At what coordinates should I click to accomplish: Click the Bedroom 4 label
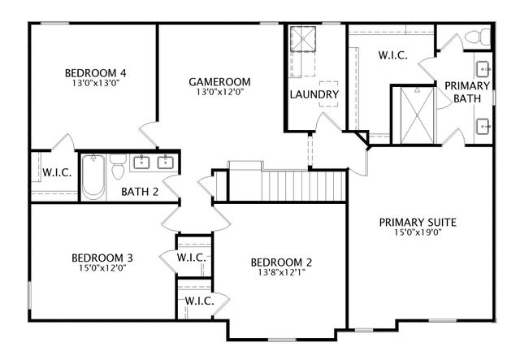pyautogui.click(x=100, y=72)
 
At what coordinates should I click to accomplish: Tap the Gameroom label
pyautogui.click(x=219, y=81)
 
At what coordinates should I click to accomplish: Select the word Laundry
pyautogui.click(x=314, y=95)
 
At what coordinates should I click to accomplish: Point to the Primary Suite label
pyautogui.click(x=418, y=222)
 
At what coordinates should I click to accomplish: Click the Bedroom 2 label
pyautogui.click(x=281, y=262)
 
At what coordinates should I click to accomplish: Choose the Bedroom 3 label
pyautogui.click(x=102, y=258)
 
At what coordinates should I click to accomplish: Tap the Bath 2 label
pyautogui.click(x=140, y=193)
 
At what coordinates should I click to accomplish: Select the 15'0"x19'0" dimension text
pyautogui.click(x=418, y=233)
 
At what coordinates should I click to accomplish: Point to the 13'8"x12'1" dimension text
pyautogui.click(x=281, y=273)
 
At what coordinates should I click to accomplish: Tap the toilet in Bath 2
pyautogui.click(x=119, y=167)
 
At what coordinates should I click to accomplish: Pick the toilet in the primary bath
pyautogui.click(x=482, y=37)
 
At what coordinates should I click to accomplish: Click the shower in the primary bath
pyautogui.click(x=414, y=115)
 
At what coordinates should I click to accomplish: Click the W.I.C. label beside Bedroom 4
pyautogui.click(x=54, y=172)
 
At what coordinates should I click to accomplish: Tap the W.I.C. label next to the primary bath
pyautogui.click(x=394, y=55)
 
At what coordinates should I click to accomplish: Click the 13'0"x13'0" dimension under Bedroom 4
pyautogui.click(x=100, y=83)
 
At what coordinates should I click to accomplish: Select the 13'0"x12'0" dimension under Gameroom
pyautogui.click(x=219, y=92)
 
